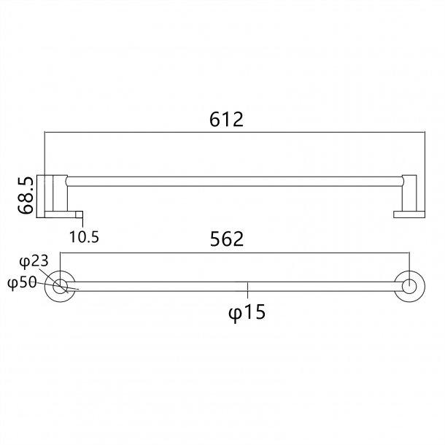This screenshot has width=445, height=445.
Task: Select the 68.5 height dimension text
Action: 26,195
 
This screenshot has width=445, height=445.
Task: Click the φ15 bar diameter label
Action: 247,312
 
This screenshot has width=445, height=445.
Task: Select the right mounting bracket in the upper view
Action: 409,193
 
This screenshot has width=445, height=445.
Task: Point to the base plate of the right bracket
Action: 406,214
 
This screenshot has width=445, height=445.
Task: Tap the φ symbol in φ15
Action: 235,313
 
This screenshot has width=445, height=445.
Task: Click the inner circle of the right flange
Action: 410,286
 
